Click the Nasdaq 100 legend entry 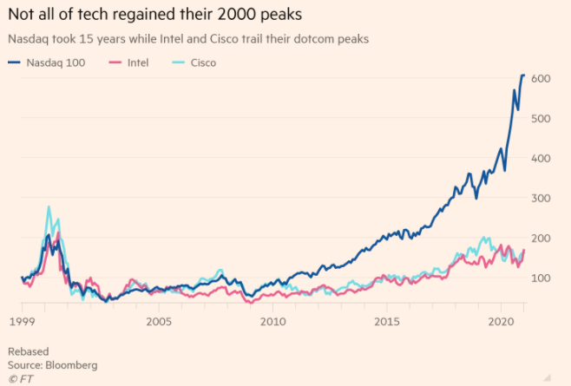(x=54, y=62)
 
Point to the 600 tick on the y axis (x=542, y=79)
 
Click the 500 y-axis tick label (x=542, y=119)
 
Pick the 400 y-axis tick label (x=542, y=159)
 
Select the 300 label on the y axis (x=542, y=199)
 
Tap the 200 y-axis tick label (x=542, y=239)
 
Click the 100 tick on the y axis (x=542, y=278)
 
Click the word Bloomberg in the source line (x=70, y=364)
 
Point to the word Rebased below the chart (x=29, y=351)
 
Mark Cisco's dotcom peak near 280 (x=49, y=207)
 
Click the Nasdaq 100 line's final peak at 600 (x=523, y=76)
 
